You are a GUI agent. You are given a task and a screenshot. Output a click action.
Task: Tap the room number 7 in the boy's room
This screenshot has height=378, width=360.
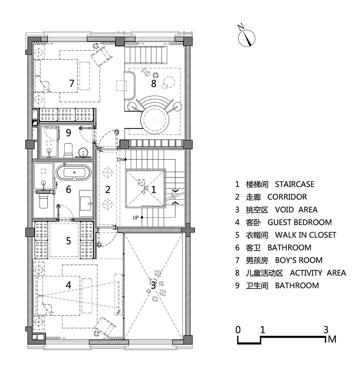click(72, 83)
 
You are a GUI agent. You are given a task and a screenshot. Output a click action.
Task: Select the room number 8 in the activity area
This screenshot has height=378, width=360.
click(154, 83)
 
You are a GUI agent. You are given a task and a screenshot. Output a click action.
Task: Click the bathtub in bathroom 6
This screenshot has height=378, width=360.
click(74, 173)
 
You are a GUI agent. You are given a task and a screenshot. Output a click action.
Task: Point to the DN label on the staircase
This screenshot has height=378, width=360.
click(120, 159)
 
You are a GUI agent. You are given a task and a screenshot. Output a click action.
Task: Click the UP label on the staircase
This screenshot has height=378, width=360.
click(136, 218)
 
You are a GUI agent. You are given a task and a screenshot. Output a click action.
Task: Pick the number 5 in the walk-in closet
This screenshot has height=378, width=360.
click(68, 241)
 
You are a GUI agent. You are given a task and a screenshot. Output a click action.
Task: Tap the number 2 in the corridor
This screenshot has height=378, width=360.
click(108, 190)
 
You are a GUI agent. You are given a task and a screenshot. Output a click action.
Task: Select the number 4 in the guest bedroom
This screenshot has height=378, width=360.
click(68, 285)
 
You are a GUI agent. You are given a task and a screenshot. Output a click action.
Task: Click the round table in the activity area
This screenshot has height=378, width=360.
click(154, 120)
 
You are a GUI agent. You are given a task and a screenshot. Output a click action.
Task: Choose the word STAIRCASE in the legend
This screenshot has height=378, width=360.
click(294, 185)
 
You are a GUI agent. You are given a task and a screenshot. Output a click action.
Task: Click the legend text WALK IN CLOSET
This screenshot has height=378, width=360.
click(305, 235)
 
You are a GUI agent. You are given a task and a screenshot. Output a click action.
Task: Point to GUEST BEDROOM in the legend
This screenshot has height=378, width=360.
click(300, 222)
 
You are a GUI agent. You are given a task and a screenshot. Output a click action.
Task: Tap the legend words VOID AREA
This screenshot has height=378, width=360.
click(296, 210)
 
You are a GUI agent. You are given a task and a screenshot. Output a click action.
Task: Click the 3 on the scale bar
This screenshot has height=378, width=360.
click(326, 329)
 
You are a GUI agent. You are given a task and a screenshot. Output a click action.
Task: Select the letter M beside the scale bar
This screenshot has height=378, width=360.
click(332, 339)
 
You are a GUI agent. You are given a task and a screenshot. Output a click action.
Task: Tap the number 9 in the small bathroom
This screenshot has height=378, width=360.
click(68, 132)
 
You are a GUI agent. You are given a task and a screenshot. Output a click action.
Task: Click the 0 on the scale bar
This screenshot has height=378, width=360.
click(238, 329)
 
